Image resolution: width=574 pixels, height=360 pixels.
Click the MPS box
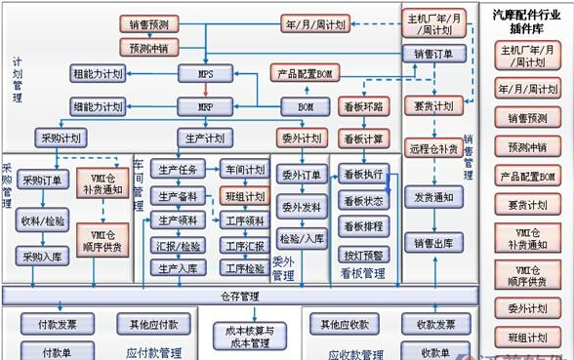click(205, 74)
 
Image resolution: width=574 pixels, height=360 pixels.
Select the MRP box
click(205, 105)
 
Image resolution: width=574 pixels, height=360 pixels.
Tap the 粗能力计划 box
click(98, 74)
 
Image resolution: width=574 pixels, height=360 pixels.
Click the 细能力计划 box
click(98, 105)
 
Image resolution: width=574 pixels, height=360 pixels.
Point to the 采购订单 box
click(42, 180)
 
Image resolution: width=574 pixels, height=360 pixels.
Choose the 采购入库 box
click(42, 256)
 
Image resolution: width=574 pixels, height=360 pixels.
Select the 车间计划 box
click(243, 170)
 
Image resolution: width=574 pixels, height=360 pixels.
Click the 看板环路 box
click(363, 105)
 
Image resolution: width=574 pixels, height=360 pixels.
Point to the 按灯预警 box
click(363, 256)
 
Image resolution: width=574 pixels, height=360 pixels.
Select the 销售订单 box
click(433, 55)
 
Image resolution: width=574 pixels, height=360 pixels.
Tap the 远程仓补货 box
click(433, 150)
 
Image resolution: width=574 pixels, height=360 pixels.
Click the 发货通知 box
click(433, 197)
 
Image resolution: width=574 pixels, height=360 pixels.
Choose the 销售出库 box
click(433, 243)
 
